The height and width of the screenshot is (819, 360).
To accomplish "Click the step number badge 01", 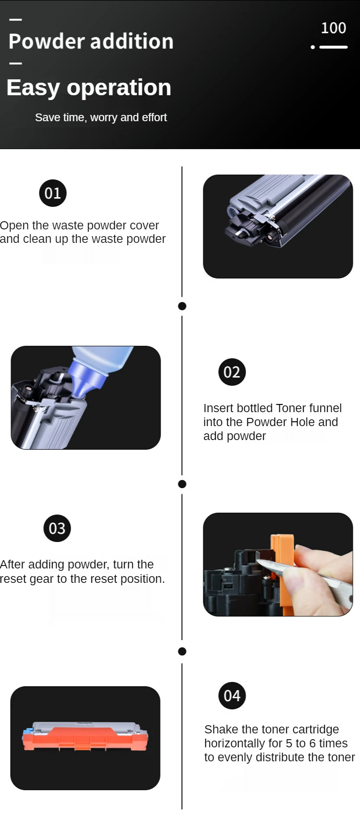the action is pyautogui.click(x=52, y=193).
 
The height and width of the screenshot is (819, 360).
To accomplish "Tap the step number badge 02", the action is pyautogui.click(x=232, y=372).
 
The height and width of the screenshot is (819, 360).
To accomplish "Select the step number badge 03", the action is pyautogui.click(x=57, y=528).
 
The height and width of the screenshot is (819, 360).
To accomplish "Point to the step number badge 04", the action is pyautogui.click(x=232, y=695).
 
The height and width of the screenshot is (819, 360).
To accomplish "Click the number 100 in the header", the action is pyautogui.click(x=333, y=28).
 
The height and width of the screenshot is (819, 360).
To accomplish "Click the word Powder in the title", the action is pyautogui.click(x=47, y=41).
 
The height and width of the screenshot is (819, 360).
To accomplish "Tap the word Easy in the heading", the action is pyautogui.click(x=33, y=88).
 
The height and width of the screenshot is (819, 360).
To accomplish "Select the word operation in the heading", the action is pyautogui.click(x=119, y=88).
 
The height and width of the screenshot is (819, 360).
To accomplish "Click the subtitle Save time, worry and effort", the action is pyautogui.click(x=101, y=117).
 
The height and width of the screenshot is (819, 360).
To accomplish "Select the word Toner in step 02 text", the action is pyautogui.click(x=291, y=408).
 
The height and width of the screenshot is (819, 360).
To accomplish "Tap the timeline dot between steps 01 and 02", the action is pyautogui.click(x=182, y=306).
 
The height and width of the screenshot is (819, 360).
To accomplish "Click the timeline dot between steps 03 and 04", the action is pyautogui.click(x=182, y=651).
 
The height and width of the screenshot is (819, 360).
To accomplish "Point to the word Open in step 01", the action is pyautogui.click(x=14, y=226).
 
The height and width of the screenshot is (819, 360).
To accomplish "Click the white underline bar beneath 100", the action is pyautogui.click(x=333, y=47).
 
